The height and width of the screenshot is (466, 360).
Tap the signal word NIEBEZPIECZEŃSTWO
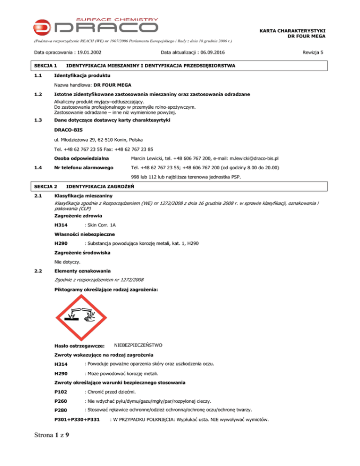[138, 345]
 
